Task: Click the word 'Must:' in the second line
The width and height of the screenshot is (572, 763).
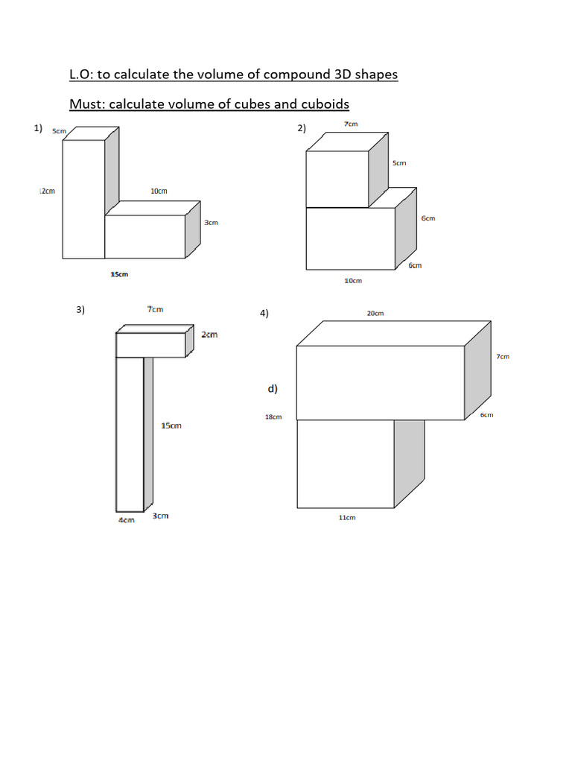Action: coord(87,104)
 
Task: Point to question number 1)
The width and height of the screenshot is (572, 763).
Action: coord(38,129)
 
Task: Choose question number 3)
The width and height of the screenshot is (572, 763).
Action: coord(80,310)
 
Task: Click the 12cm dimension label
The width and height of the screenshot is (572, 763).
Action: coord(47,191)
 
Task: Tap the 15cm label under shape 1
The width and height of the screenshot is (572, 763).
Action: coord(119,274)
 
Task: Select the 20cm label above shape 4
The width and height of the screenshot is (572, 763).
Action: coord(375,313)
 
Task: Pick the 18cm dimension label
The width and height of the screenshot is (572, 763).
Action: coord(273,417)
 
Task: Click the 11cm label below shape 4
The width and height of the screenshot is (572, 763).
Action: coord(347,517)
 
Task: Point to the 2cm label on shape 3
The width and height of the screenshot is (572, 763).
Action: coord(209,335)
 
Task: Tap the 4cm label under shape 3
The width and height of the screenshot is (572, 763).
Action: coord(127,520)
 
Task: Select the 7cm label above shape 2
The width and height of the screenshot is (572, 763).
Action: coord(351,124)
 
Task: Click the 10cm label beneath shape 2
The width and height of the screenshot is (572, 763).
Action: coord(353,281)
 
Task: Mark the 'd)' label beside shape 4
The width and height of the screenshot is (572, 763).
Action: coord(273,388)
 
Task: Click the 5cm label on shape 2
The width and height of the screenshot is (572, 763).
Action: coord(399,162)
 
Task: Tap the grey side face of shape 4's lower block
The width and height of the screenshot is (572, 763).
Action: coord(409,458)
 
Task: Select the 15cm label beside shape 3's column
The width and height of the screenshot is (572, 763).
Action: coord(171,425)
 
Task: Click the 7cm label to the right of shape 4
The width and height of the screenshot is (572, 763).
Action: coord(503,356)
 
